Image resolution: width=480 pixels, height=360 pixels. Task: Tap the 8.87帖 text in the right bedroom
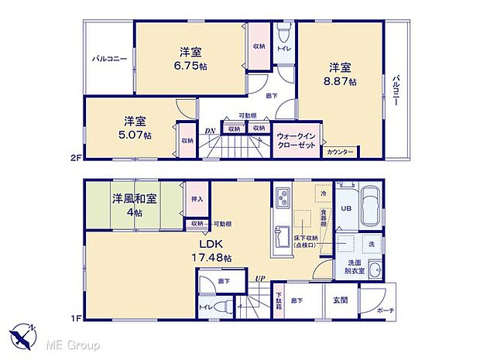pyautogui.click(x=341, y=81)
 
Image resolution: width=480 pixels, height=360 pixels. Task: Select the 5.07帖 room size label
pyautogui.click(x=136, y=134)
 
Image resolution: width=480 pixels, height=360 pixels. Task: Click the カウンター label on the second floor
pyautogui.click(x=338, y=152)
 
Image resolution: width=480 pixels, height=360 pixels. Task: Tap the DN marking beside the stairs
pyautogui.click(x=209, y=132)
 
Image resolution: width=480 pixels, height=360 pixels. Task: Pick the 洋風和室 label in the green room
pyautogui.click(x=135, y=198)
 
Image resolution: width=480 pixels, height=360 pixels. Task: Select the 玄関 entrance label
pyautogui.click(x=340, y=300)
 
